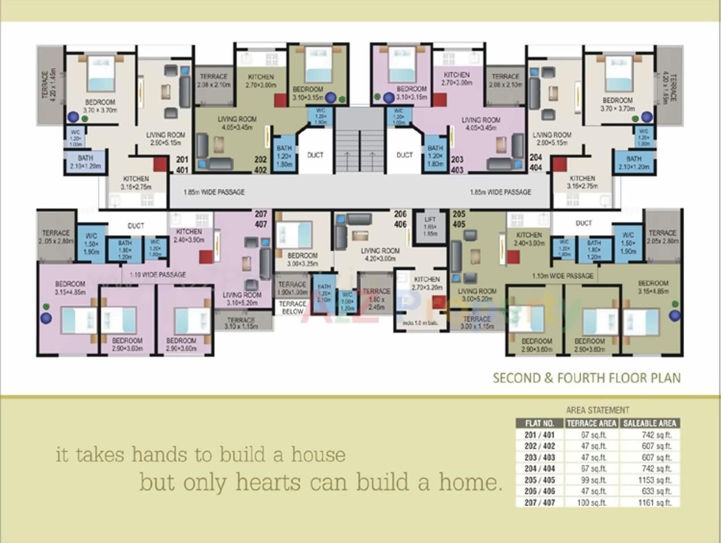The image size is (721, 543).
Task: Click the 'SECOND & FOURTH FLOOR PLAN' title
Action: (586, 378)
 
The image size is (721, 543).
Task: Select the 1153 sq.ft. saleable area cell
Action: (655, 480)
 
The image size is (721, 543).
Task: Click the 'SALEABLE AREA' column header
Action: (649, 423)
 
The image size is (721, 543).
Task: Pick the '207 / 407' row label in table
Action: (540, 502)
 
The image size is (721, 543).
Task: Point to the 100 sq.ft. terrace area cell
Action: (592, 502)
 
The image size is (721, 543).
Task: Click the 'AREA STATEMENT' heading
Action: (598, 410)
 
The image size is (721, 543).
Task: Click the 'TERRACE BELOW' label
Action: (292, 308)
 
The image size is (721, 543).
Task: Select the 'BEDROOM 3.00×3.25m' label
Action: (302, 259)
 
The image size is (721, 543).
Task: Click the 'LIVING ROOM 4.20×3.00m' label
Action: (380, 255)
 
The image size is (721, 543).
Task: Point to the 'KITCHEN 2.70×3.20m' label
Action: (427, 283)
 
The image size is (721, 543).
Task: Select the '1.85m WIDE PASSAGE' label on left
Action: (214, 192)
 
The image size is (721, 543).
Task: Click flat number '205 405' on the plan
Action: (459, 219)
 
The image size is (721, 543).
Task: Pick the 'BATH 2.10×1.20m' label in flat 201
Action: (85, 162)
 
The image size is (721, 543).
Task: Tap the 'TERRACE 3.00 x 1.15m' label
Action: (477, 322)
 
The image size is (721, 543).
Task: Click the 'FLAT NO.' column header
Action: (540, 423)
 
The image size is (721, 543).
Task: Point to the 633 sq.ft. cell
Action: (655, 491)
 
